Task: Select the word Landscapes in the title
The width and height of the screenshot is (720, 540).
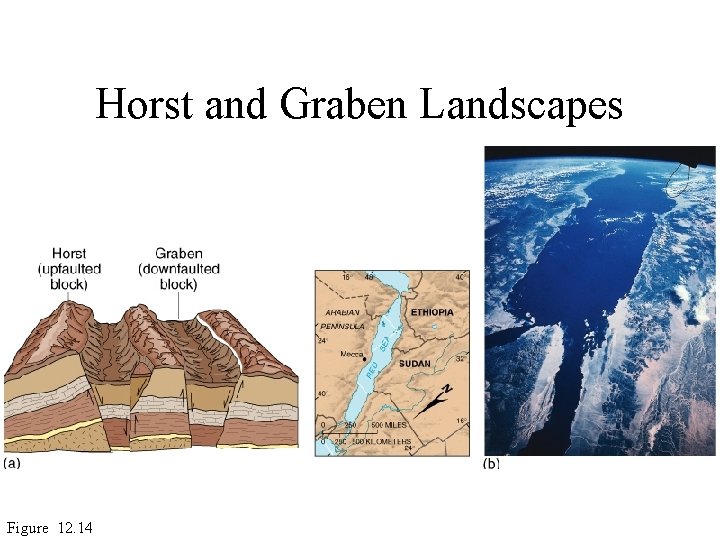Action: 520,103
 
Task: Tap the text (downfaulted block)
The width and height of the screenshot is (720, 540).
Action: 179,277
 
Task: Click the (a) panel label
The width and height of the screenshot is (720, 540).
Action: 14,463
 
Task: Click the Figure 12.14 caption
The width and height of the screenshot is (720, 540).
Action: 50,527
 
